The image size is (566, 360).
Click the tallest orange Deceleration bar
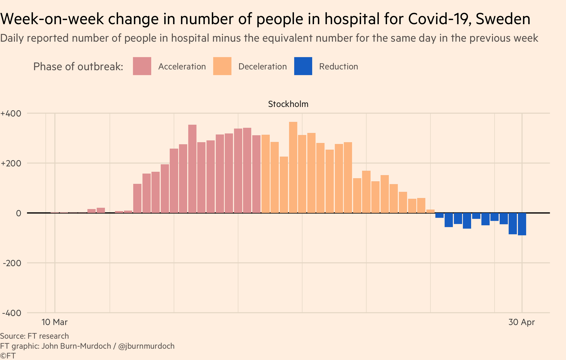pos(293,167)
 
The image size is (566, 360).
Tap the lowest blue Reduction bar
pos(522,224)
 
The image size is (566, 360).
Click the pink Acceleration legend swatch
pos(142,66)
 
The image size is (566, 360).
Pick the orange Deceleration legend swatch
pos(222,66)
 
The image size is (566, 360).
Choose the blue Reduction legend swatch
pos(303,66)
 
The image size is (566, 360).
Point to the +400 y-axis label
pos(11,113)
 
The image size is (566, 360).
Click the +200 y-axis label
pos(11,163)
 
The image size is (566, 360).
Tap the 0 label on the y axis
pos(19,213)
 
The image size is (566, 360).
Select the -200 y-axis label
pos(12,263)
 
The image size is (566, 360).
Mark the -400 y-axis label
pos(12,313)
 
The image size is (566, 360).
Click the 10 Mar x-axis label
pos(55,322)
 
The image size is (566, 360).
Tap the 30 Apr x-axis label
pos(522,322)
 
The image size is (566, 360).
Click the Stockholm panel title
pos(288,104)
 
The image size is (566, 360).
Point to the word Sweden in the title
pos(503,19)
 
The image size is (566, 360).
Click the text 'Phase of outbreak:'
pos(78,67)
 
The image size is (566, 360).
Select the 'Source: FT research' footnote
pos(34,336)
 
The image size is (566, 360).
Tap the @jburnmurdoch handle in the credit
pos(146,346)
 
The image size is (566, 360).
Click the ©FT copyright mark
pos(8,356)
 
